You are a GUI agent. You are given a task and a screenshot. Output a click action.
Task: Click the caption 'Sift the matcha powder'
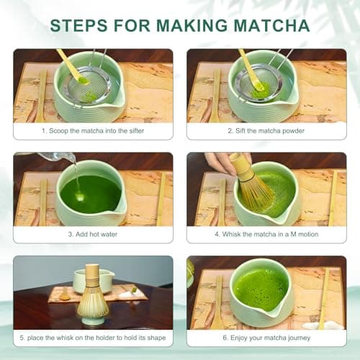click(266, 131)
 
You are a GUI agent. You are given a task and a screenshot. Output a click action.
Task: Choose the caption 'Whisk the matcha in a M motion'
click(266, 234)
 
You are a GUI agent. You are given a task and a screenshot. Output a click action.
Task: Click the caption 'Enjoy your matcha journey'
click(266, 338)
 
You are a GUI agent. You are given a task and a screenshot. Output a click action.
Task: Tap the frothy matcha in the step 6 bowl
click(261, 288)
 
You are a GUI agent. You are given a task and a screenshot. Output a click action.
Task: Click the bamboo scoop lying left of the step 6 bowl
click(217, 302)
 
